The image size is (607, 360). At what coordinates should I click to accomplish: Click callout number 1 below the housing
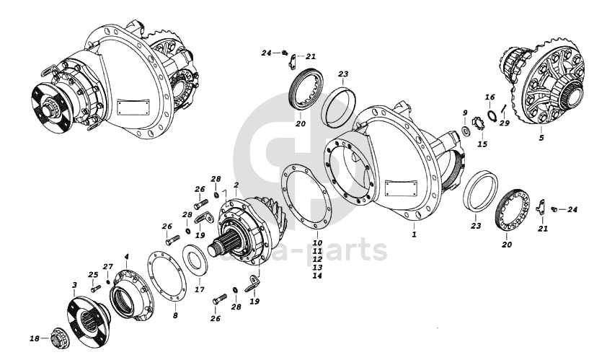tap(414, 234)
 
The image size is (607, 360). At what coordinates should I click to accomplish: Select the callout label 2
tap(236, 185)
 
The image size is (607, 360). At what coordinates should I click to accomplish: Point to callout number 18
tap(34, 338)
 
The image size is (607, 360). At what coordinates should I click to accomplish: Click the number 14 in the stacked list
tap(317, 276)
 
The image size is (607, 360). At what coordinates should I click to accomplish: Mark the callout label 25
tap(92, 274)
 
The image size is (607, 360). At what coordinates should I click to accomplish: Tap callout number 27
tap(108, 266)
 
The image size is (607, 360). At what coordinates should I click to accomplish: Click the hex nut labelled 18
tap(57, 336)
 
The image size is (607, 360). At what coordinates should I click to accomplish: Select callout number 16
tap(489, 96)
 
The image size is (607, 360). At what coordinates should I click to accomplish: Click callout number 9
tap(465, 113)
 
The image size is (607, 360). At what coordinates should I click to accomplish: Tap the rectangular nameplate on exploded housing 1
tap(401, 189)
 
